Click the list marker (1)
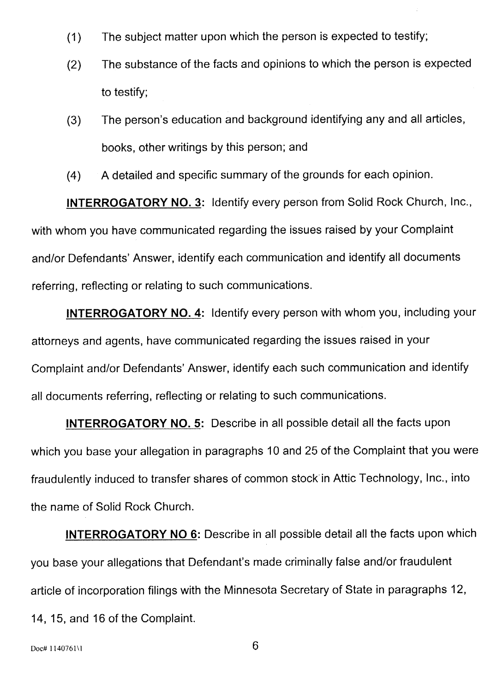(x=74, y=37)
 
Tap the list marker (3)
(x=74, y=120)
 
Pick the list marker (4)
(x=74, y=176)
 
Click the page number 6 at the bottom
(x=255, y=645)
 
